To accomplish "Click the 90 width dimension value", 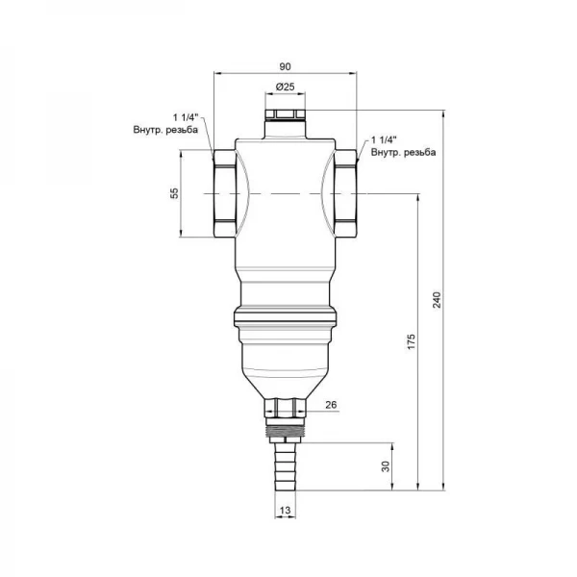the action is (x=285, y=66).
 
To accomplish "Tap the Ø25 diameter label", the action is (x=286, y=87).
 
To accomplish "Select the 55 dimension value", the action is (x=174, y=193).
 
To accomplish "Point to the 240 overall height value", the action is (x=437, y=300).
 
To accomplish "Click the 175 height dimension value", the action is (x=412, y=341).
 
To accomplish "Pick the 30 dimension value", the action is (x=386, y=466).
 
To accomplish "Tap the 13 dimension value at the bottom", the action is (x=286, y=511).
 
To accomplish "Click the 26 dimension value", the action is (x=331, y=405).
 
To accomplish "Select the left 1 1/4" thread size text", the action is (x=186, y=117).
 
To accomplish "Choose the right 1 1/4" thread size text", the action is (x=384, y=139).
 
